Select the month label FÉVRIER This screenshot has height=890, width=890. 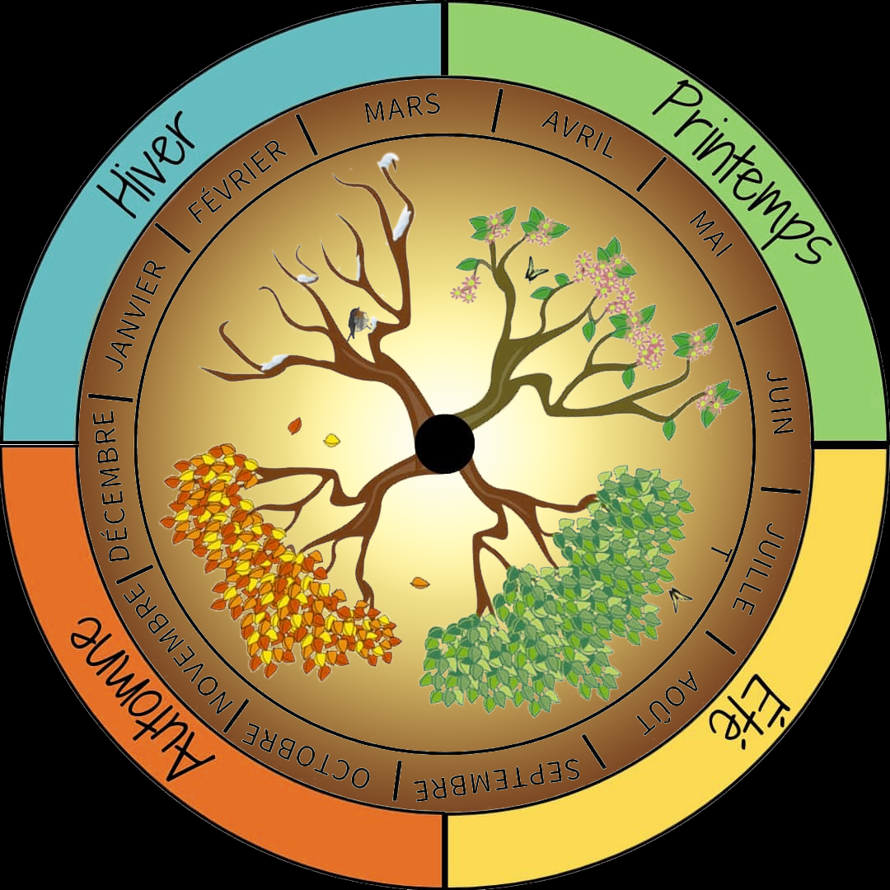pyautogui.click(x=238, y=181)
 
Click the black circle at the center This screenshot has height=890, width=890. pyautogui.click(x=445, y=443)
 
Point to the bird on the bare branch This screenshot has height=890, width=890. pyautogui.click(x=358, y=322)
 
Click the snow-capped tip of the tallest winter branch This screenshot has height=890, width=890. pyautogui.click(x=389, y=162)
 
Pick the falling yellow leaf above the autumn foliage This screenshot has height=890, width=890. pyautogui.click(x=331, y=439)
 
